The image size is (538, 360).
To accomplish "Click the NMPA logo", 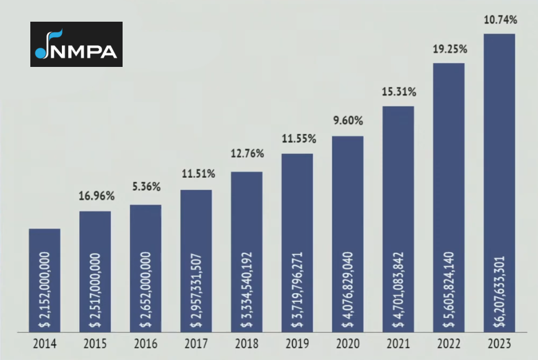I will pyautogui.click(x=76, y=44).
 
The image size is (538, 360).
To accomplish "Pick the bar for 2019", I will pyautogui.click(x=297, y=242).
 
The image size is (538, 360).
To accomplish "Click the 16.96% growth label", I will pyautogui.click(x=96, y=196).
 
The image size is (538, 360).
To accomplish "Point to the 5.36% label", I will pyautogui.click(x=146, y=186).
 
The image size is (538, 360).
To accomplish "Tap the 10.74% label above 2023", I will pyautogui.click(x=499, y=20).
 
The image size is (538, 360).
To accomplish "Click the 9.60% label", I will pyautogui.click(x=348, y=121).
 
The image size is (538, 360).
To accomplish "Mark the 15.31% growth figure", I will pyautogui.click(x=399, y=92).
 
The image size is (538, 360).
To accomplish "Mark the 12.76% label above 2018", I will pyautogui.click(x=247, y=153).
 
